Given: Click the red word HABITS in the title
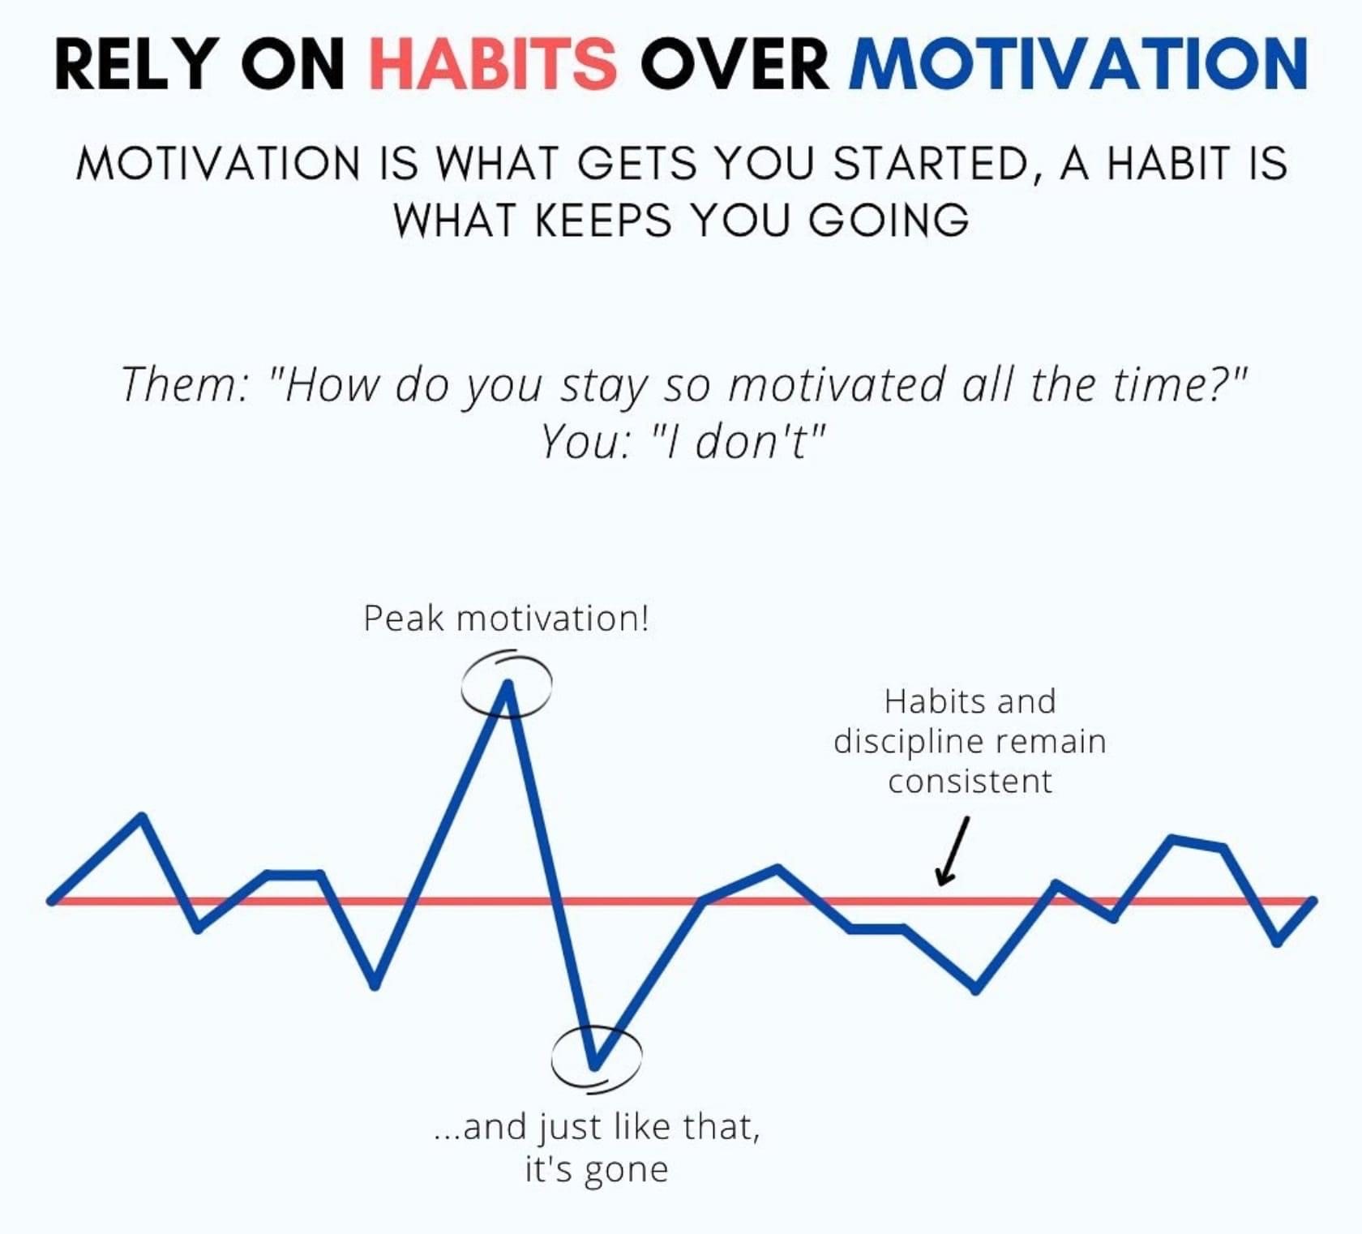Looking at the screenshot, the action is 493,63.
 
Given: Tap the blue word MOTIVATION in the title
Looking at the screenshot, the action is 1078,63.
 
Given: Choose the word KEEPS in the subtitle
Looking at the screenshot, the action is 604,220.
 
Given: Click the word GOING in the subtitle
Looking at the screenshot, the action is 889,220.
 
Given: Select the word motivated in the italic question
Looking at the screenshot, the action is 836,384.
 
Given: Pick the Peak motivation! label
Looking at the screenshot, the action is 506,619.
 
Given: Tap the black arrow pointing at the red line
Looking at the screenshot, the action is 953,851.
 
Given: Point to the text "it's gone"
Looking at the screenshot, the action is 597,1170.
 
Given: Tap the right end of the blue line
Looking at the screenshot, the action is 1313,900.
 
